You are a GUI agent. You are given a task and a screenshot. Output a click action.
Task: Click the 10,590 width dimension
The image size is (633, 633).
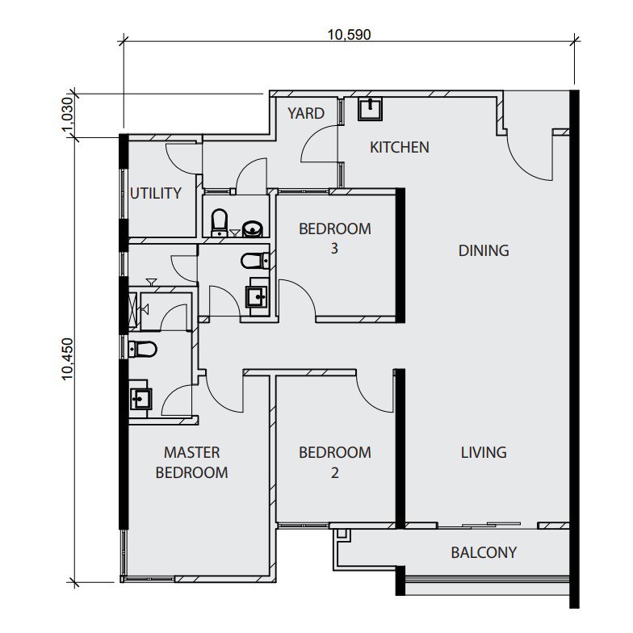point(349,34)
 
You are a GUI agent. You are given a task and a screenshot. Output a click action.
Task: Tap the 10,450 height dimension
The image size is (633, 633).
point(68,358)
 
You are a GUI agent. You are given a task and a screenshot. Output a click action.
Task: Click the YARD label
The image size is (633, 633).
point(305,113)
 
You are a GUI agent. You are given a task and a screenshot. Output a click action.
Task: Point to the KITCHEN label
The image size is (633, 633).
point(399,147)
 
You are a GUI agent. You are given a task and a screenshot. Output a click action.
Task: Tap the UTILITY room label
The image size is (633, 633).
point(156,193)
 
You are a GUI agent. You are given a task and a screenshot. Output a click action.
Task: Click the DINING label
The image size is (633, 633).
point(484,250)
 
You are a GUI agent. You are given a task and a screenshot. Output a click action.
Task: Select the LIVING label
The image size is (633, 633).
point(484,452)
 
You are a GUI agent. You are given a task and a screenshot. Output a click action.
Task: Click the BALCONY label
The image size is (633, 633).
point(484,552)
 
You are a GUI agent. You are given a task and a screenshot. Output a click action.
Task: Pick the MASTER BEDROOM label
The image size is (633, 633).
point(192,462)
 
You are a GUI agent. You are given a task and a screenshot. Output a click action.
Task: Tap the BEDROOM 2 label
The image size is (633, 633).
point(334,462)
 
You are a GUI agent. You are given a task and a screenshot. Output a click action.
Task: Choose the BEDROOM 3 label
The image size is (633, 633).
point(334,238)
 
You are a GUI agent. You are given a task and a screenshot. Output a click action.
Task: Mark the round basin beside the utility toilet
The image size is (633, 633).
point(252,228)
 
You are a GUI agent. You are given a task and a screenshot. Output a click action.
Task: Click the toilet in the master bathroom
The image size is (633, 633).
point(142,349)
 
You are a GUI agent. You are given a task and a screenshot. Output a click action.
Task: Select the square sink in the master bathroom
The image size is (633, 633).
point(140,398)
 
